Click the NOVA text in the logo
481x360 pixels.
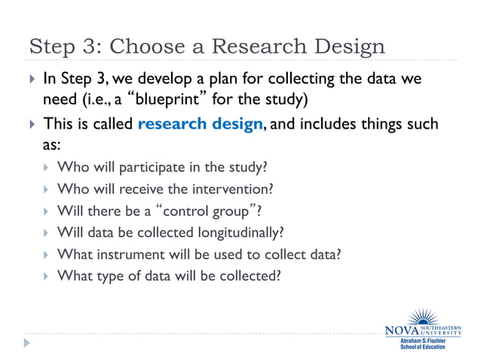coord(403,330)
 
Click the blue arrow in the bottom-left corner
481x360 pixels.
coord(27,343)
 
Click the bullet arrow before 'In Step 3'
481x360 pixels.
coord(30,78)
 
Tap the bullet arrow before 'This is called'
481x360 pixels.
coord(30,124)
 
